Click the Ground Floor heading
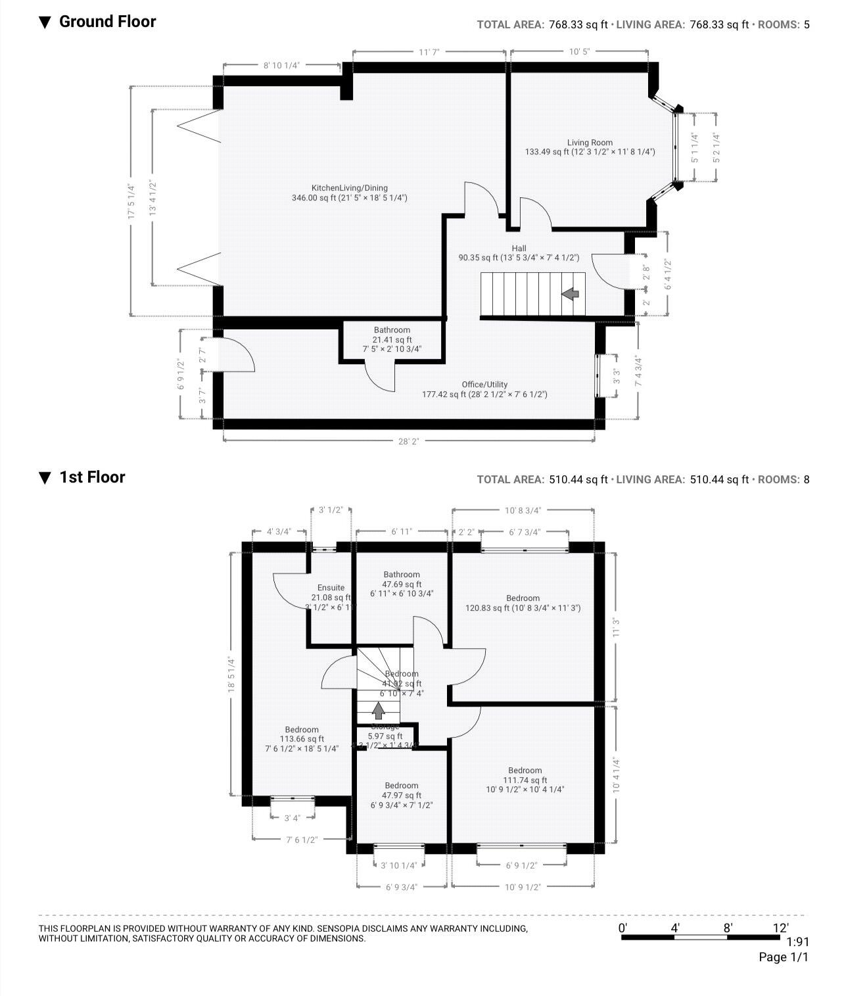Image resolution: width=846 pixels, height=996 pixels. click(107, 22)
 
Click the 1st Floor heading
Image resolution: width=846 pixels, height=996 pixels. click(92, 477)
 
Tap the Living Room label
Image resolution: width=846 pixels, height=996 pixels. click(590, 143)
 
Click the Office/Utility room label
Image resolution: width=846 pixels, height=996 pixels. click(484, 385)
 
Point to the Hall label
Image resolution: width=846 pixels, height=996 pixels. click(519, 249)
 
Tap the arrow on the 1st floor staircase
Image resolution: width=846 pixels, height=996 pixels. click(378, 710)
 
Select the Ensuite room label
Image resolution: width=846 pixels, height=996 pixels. click(331, 588)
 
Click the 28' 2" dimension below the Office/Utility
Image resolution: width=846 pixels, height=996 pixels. click(408, 442)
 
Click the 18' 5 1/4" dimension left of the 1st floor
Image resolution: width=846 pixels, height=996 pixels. click(231, 674)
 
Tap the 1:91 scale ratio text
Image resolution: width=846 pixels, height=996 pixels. click(797, 941)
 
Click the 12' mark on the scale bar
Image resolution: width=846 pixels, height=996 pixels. click(780, 928)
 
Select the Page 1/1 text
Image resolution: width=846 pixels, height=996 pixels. click(784, 957)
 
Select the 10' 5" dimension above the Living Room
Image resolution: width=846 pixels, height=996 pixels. click(578, 52)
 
